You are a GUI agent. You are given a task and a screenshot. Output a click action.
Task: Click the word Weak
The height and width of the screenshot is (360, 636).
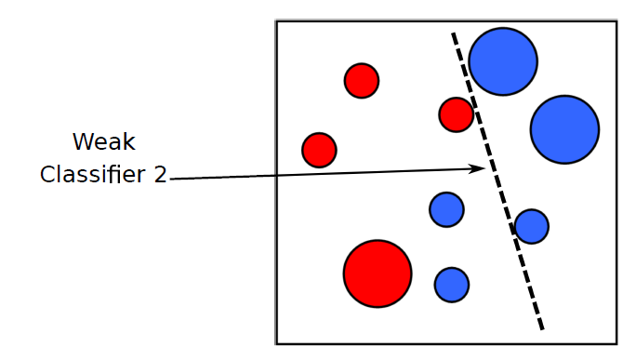pyautogui.click(x=103, y=142)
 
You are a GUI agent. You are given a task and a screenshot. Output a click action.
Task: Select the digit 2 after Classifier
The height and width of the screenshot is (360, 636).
pyautogui.click(x=159, y=174)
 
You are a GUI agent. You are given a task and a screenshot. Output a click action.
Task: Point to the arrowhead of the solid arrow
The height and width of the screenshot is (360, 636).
pyautogui.click(x=482, y=168)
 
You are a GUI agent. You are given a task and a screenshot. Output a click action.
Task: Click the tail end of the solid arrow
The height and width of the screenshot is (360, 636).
pyautogui.click(x=172, y=180)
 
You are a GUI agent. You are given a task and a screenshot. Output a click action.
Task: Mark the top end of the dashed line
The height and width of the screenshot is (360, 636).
pyautogui.click(x=454, y=34)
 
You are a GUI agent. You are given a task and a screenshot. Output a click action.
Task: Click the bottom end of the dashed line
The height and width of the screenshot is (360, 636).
pyautogui.click(x=541, y=328)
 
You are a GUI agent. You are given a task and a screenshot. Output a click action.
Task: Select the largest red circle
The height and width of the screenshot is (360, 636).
pyautogui.click(x=378, y=273)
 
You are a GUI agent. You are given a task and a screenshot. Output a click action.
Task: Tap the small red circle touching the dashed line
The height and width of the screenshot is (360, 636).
pyautogui.click(x=457, y=114)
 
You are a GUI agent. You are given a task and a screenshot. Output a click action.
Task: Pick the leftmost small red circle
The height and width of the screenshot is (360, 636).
pyautogui.click(x=319, y=150)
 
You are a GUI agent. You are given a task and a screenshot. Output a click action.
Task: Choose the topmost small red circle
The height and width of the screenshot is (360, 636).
pyautogui.click(x=362, y=81)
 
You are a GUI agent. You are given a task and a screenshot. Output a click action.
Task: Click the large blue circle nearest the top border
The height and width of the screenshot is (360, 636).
pyautogui.click(x=503, y=61)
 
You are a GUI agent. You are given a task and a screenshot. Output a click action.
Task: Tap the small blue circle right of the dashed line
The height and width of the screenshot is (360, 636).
pyautogui.click(x=532, y=226)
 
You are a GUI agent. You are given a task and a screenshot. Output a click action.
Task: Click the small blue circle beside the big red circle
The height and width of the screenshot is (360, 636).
pyautogui.click(x=452, y=284)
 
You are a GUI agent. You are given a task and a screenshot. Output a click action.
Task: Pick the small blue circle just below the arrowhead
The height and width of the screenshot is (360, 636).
pyautogui.click(x=446, y=209)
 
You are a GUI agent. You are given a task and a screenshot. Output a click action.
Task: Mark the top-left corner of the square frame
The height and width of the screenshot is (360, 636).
pyautogui.click(x=276, y=20)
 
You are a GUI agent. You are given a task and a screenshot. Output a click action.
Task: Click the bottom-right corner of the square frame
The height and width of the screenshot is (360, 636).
pyautogui.click(x=617, y=344)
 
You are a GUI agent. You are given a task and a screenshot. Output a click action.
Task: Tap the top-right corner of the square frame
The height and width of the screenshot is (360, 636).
pyautogui.click(x=617, y=20)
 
